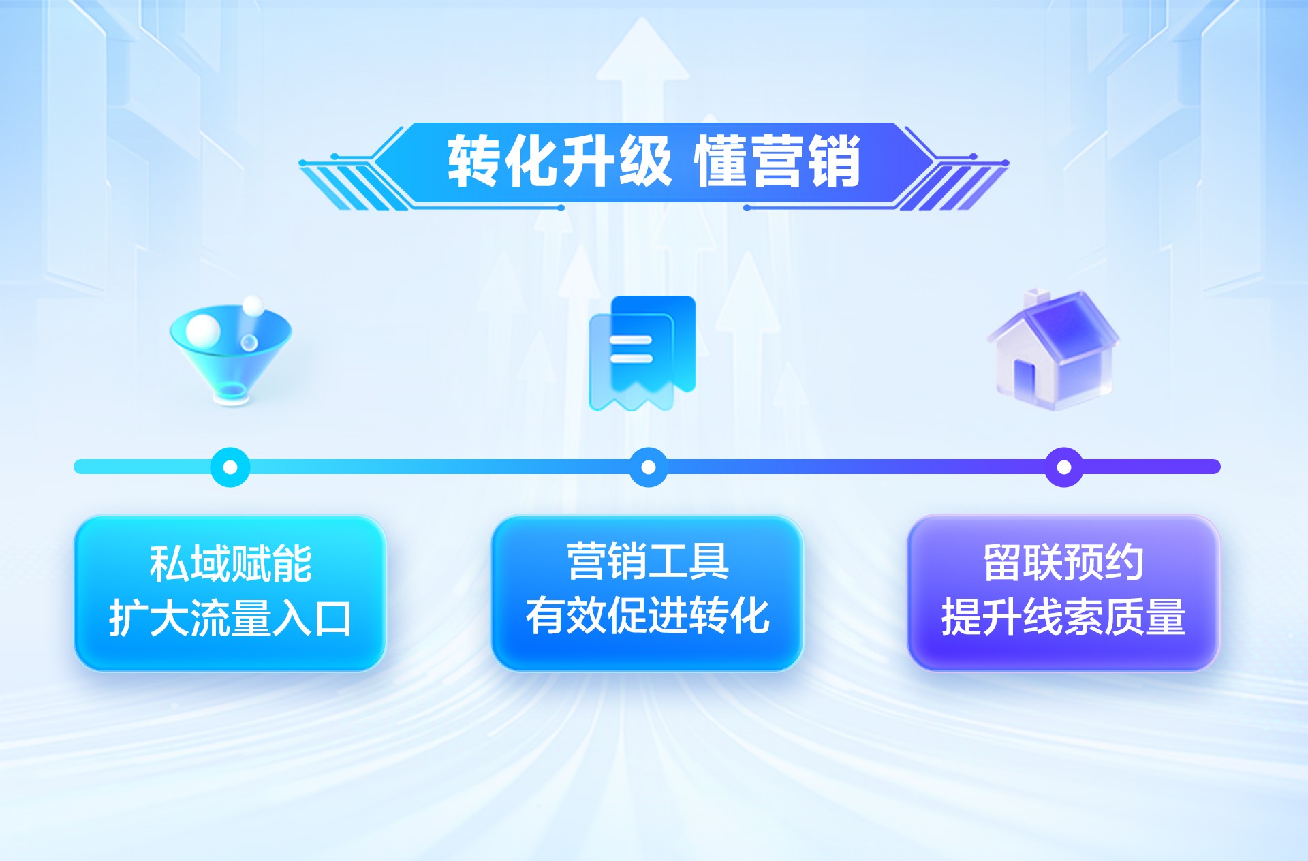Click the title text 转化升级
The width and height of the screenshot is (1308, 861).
point(559,161)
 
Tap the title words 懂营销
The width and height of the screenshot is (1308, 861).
point(777,161)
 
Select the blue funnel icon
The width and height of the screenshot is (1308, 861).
point(230,351)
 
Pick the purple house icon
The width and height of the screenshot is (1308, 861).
point(1053,351)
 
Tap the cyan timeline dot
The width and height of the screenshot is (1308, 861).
point(230,467)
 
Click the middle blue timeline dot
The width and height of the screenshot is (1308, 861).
point(649,467)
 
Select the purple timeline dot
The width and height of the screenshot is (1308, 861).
point(1063,467)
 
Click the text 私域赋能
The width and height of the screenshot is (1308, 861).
point(230,564)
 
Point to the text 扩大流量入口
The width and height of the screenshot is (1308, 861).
point(230,619)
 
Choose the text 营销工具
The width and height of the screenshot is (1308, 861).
point(648,562)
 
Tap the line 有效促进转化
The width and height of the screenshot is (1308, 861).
point(648,616)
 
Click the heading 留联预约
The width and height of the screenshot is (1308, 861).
point(1063,563)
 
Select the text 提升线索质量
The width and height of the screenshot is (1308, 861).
point(1063,617)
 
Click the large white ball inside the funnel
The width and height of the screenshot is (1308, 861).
point(203,330)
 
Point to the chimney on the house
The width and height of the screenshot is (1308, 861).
point(1037,298)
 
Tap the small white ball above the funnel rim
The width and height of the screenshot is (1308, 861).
point(253,305)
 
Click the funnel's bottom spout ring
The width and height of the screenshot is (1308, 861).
point(232,392)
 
